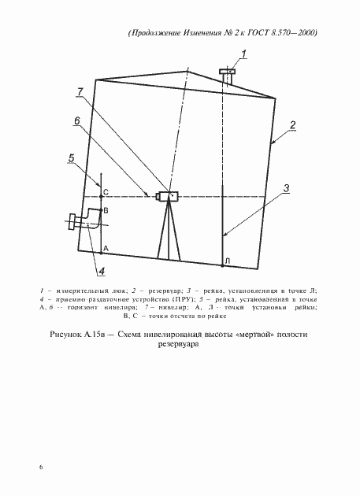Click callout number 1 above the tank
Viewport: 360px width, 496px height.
click(244, 54)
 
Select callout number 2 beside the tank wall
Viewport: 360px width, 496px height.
click(292, 125)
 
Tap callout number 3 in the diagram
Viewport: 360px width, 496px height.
click(288, 187)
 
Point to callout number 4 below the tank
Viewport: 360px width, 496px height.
click(101, 272)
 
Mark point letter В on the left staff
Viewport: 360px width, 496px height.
click(106, 212)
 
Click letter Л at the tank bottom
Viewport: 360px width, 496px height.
click(227, 261)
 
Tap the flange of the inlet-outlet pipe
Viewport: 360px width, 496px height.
click(73, 223)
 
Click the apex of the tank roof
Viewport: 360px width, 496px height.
click(187, 72)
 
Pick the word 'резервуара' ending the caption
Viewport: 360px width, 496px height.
click(180, 346)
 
